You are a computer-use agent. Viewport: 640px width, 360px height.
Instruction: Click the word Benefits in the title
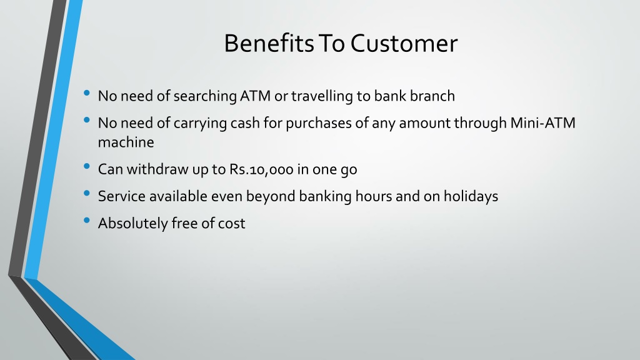point(269,43)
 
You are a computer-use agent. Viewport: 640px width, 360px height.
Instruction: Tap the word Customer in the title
point(404,43)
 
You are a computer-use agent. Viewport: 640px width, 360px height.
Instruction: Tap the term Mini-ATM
point(543,123)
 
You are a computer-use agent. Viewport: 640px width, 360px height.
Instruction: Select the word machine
point(126,142)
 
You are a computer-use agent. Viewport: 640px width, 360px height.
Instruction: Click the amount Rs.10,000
point(261,169)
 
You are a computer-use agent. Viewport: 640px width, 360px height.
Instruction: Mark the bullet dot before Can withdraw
point(86,166)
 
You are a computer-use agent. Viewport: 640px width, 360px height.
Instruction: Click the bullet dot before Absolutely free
point(86,221)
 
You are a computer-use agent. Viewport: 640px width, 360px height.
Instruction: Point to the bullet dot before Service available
point(86,194)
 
